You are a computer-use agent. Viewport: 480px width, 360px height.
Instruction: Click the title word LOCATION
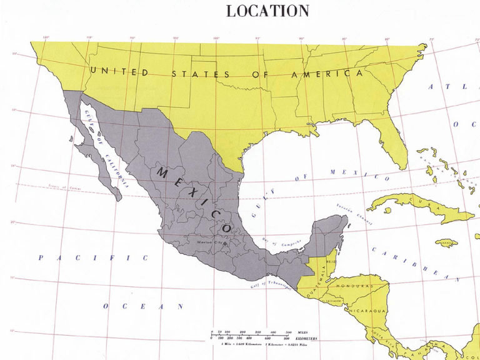tap(267, 11)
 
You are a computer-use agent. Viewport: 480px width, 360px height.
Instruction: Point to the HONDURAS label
tap(354, 286)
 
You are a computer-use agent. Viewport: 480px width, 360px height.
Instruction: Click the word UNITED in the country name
tap(119, 72)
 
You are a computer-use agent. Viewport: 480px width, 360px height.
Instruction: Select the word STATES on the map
tap(200, 74)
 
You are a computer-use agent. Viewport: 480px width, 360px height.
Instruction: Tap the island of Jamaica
tap(446, 242)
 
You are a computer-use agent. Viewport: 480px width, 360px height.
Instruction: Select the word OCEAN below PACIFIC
tap(143, 306)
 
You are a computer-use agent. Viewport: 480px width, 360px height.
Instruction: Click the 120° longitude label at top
tap(46, 37)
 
